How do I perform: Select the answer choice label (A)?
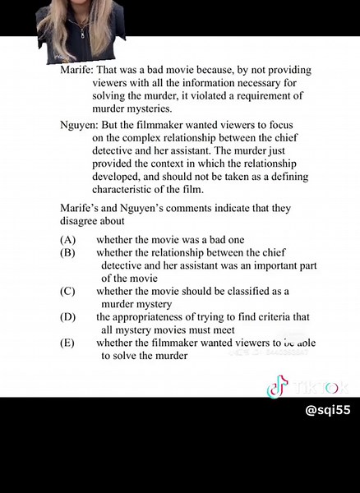pyautogui.click(x=67, y=239)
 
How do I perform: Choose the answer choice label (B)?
pyautogui.click(x=67, y=252)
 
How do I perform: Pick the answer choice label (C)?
pyautogui.click(x=67, y=291)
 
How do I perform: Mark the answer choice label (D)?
pyautogui.click(x=67, y=316)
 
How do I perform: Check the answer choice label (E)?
pyautogui.click(x=67, y=343)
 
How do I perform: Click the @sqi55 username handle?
pyautogui.click(x=327, y=409)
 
